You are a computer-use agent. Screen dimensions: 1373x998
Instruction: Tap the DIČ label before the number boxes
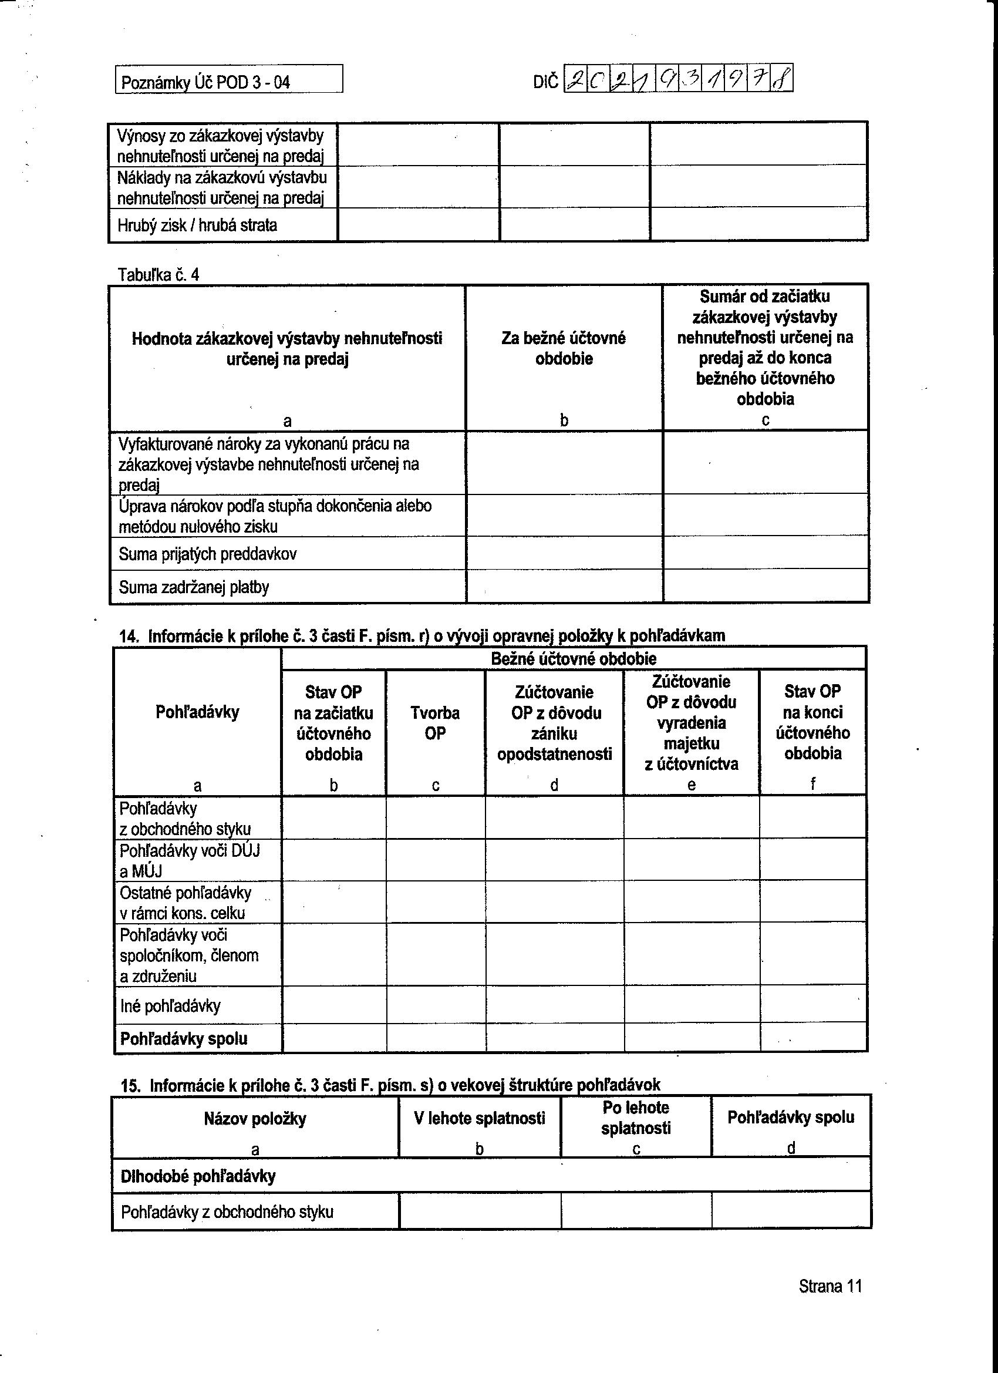[x=546, y=82]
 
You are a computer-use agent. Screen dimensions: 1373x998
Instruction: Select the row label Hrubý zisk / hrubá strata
[x=197, y=226]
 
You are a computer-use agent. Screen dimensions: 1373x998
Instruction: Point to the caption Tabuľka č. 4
[x=159, y=275]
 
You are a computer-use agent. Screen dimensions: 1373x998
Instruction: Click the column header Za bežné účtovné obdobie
[x=564, y=348]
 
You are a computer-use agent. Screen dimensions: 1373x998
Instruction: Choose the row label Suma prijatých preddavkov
[x=208, y=554]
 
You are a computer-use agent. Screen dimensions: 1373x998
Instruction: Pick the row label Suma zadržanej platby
[x=194, y=587]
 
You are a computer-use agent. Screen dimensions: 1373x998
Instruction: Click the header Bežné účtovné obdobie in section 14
[x=573, y=659]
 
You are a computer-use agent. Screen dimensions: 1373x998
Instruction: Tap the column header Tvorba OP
[x=435, y=723]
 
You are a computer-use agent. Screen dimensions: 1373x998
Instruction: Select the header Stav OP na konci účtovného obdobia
[x=812, y=722]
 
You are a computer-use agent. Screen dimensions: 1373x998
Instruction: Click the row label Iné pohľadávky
[x=170, y=1006]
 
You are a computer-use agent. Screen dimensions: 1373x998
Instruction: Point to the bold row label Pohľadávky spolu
[x=183, y=1039]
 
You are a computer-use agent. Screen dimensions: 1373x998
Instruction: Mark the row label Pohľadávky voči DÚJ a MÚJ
[x=190, y=861]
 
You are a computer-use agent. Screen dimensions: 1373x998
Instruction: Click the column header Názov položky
[x=255, y=1118]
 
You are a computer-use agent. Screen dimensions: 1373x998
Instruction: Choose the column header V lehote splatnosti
[x=479, y=1118]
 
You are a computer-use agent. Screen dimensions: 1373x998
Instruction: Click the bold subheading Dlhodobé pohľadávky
[x=198, y=1176]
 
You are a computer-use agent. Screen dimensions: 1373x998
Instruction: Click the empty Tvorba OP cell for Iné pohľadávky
[x=435, y=1006]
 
